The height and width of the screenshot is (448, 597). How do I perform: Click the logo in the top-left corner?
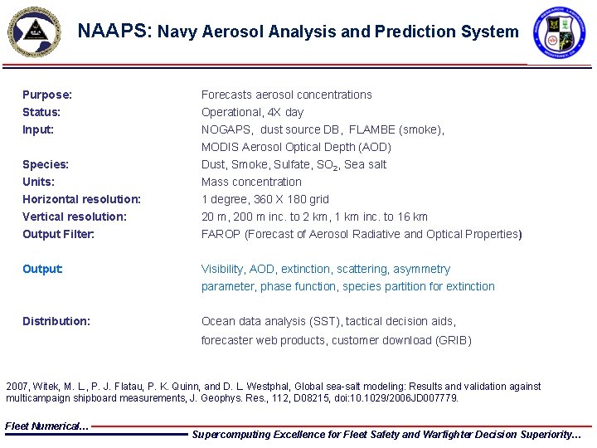point(34,31)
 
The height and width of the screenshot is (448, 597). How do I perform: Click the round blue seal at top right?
point(558,32)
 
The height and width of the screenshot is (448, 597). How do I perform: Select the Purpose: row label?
point(47,95)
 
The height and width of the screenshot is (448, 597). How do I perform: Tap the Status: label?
point(41,112)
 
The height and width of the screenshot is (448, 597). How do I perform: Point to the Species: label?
point(46,164)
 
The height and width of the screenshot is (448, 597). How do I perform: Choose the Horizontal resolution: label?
point(81,199)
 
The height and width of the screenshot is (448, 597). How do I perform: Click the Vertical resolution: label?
point(75,217)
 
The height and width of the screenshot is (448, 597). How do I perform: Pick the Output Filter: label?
point(58,234)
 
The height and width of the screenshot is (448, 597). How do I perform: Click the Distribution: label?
point(56,321)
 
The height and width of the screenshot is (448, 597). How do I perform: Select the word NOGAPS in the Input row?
point(227,129)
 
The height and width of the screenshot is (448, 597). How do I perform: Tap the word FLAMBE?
point(371,129)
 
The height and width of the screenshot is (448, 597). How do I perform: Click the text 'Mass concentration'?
point(251,182)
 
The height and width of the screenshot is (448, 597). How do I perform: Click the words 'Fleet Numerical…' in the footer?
point(46,426)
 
